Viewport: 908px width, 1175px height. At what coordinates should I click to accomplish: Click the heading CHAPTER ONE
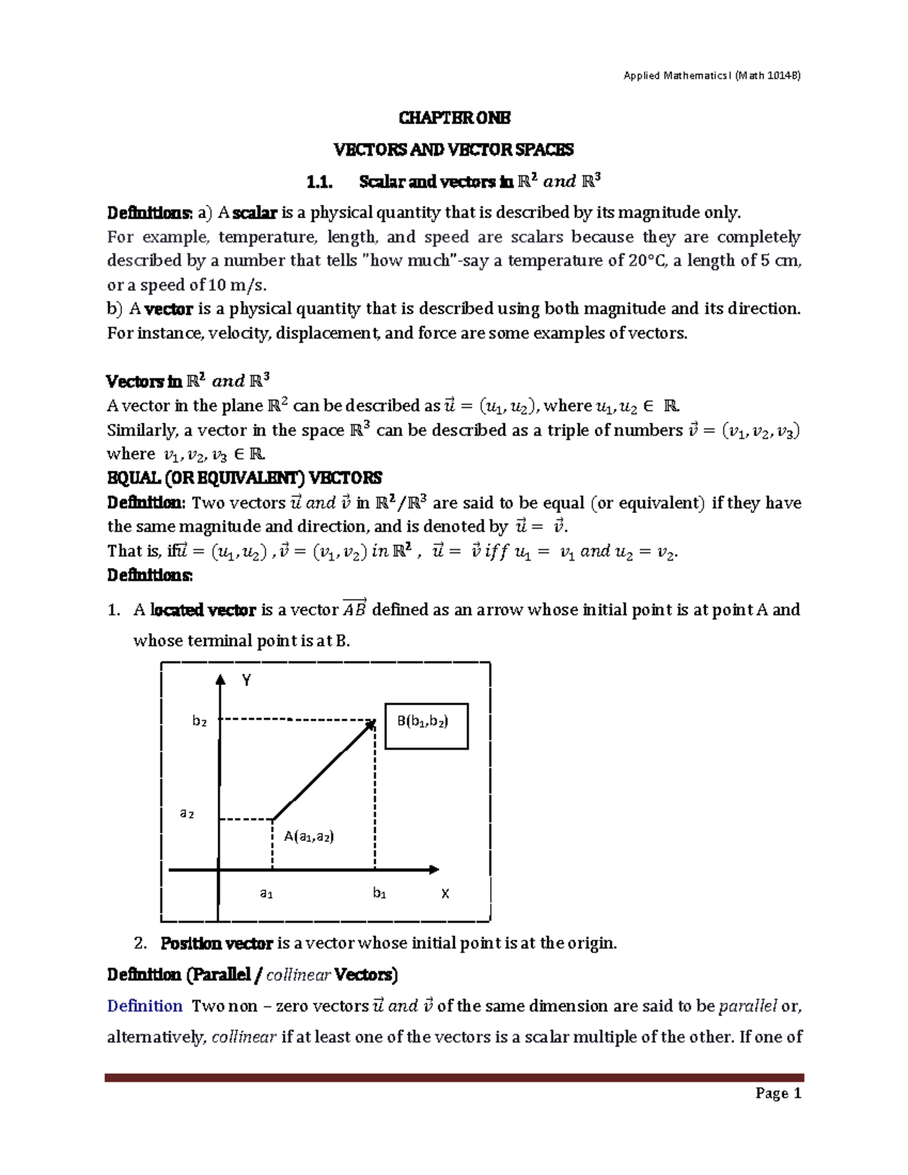click(x=454, y=118)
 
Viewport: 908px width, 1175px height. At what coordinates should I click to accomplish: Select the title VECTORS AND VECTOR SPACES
click(x=454, y=150)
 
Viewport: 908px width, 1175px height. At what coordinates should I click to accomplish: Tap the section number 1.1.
click(x=319, y=182)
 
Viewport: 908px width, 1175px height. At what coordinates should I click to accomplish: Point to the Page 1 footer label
click(x=777, y=1093)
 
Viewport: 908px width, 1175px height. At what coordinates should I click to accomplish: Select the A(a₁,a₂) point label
click(x=309, y=836)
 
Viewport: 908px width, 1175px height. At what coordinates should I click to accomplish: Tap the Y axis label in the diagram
click(x=246, y=681)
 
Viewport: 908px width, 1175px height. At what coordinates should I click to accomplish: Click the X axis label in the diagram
click(x=445, y=894)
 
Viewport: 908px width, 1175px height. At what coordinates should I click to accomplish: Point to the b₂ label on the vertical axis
click(x=199, y=721)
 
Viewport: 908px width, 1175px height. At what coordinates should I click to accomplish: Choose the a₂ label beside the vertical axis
click(x=186, y=813)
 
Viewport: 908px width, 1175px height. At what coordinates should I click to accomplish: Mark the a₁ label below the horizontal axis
click(x=266, y=894)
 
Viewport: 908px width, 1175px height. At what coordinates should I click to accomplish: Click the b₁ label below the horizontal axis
click(x=380, y=894)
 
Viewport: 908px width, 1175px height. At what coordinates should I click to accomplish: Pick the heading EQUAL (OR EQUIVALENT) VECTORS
click(x=244, y=478)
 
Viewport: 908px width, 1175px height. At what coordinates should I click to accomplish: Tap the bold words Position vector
click(x=216, y=943)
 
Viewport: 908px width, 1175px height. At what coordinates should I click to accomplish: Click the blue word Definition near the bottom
click(x=145, y=1006)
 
